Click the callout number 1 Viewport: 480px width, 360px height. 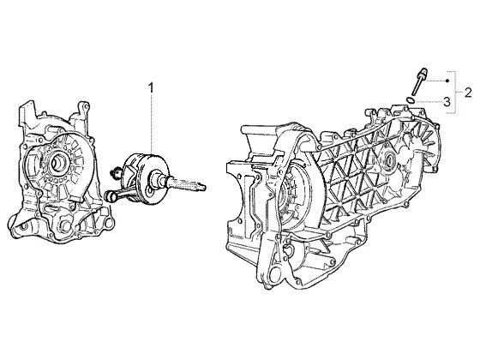pos(151,87)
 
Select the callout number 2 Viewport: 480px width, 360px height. pos(468,93)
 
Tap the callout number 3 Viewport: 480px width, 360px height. pos(447,102)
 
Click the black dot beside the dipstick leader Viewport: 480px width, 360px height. pos(447,81)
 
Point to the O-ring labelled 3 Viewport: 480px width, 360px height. pos(411,99)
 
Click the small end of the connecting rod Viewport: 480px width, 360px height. pos(109,196)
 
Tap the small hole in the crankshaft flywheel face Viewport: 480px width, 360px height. pos(150,191)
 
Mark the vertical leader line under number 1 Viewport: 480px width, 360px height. pos(151,125)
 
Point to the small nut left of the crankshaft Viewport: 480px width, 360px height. pos(115,172)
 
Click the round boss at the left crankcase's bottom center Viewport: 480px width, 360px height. pos(66,226)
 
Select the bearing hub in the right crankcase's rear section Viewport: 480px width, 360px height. pos(390,159)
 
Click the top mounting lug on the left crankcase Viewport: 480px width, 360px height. pos(84,107)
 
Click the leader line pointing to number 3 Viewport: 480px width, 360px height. pos(429,101)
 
